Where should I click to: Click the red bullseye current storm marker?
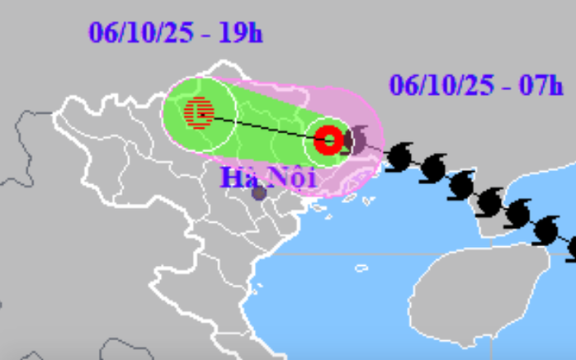point(328,140)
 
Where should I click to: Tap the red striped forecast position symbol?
point(199,111)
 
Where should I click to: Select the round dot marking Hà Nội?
point(258,193)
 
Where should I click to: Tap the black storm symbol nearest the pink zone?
point(399,154)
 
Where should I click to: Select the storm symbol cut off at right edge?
point(572,245)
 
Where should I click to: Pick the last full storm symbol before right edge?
point(545,230)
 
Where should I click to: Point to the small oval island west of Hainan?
point(361,268)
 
